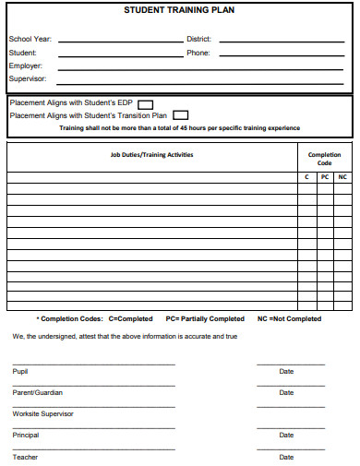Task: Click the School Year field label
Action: pyautogui.click(x=30, y=40)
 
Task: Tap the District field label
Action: pyautogui.click(x=198, y=40)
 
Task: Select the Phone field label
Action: pyautogui.click(x=198, y=53)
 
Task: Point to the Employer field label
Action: pyautogui.click(x=25, y=66)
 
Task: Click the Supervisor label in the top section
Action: pyautogui.click(x=27, y=78)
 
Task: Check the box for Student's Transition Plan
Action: pyautogui.click(x=180, y=115)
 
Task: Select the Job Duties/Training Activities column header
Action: pyautogui.click(x=152, y=155)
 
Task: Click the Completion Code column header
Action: pyautogui.click(x=324, y=159)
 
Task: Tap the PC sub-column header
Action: pyautogui.click(x=324, y=176)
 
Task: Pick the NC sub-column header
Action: pyautogui.click(x=342, y=176)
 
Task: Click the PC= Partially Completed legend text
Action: pyautogui.click(x=205, y=318)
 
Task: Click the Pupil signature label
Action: pyautogui.click(x=19, y=371)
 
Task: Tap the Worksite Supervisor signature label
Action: pyautogui.click(x=42, y=413)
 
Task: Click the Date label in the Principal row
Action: pyautogui.click(x=286, y=435)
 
